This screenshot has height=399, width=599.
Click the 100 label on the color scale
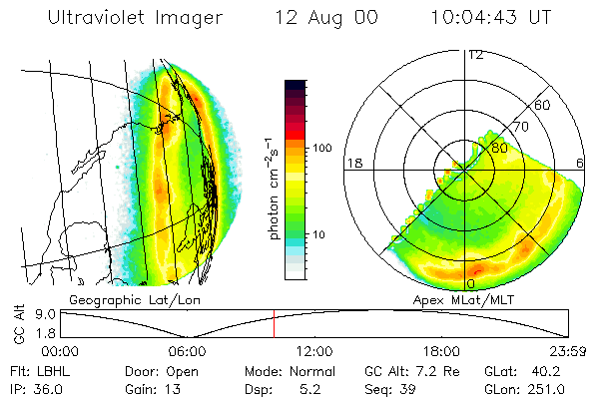[x=321, y=148]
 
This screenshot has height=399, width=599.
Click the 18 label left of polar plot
[x=353, y=163]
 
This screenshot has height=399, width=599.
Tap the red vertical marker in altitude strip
[x=274, y=322]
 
